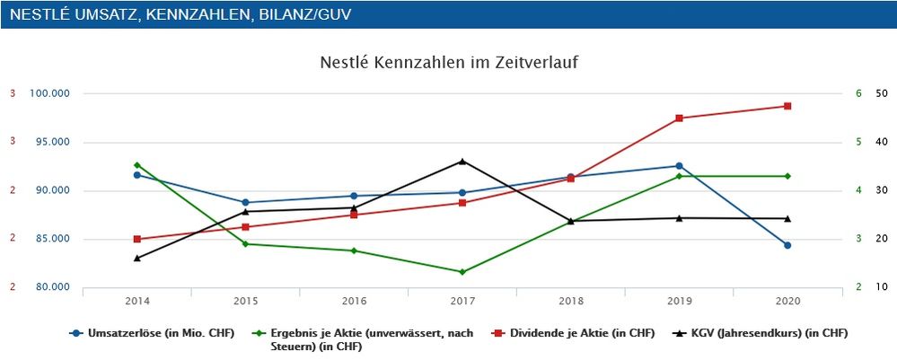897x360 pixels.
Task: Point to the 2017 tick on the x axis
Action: point(462,301)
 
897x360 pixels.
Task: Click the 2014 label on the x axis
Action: point(137,301)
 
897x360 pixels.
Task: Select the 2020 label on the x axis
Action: point(787,301)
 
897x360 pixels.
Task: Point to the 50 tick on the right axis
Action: point(881,93)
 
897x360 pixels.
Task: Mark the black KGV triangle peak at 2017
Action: point(462,162)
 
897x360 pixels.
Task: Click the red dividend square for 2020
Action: point(787,106)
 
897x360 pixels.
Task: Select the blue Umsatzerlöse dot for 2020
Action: point(787,245)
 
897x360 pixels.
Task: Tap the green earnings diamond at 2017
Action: point(462,272)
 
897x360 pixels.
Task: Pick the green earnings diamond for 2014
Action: point(137,165)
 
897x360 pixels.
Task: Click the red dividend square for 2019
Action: point(679,119)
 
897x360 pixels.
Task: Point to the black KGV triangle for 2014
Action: point(137,258)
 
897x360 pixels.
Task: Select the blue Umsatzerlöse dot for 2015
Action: point(246,203)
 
